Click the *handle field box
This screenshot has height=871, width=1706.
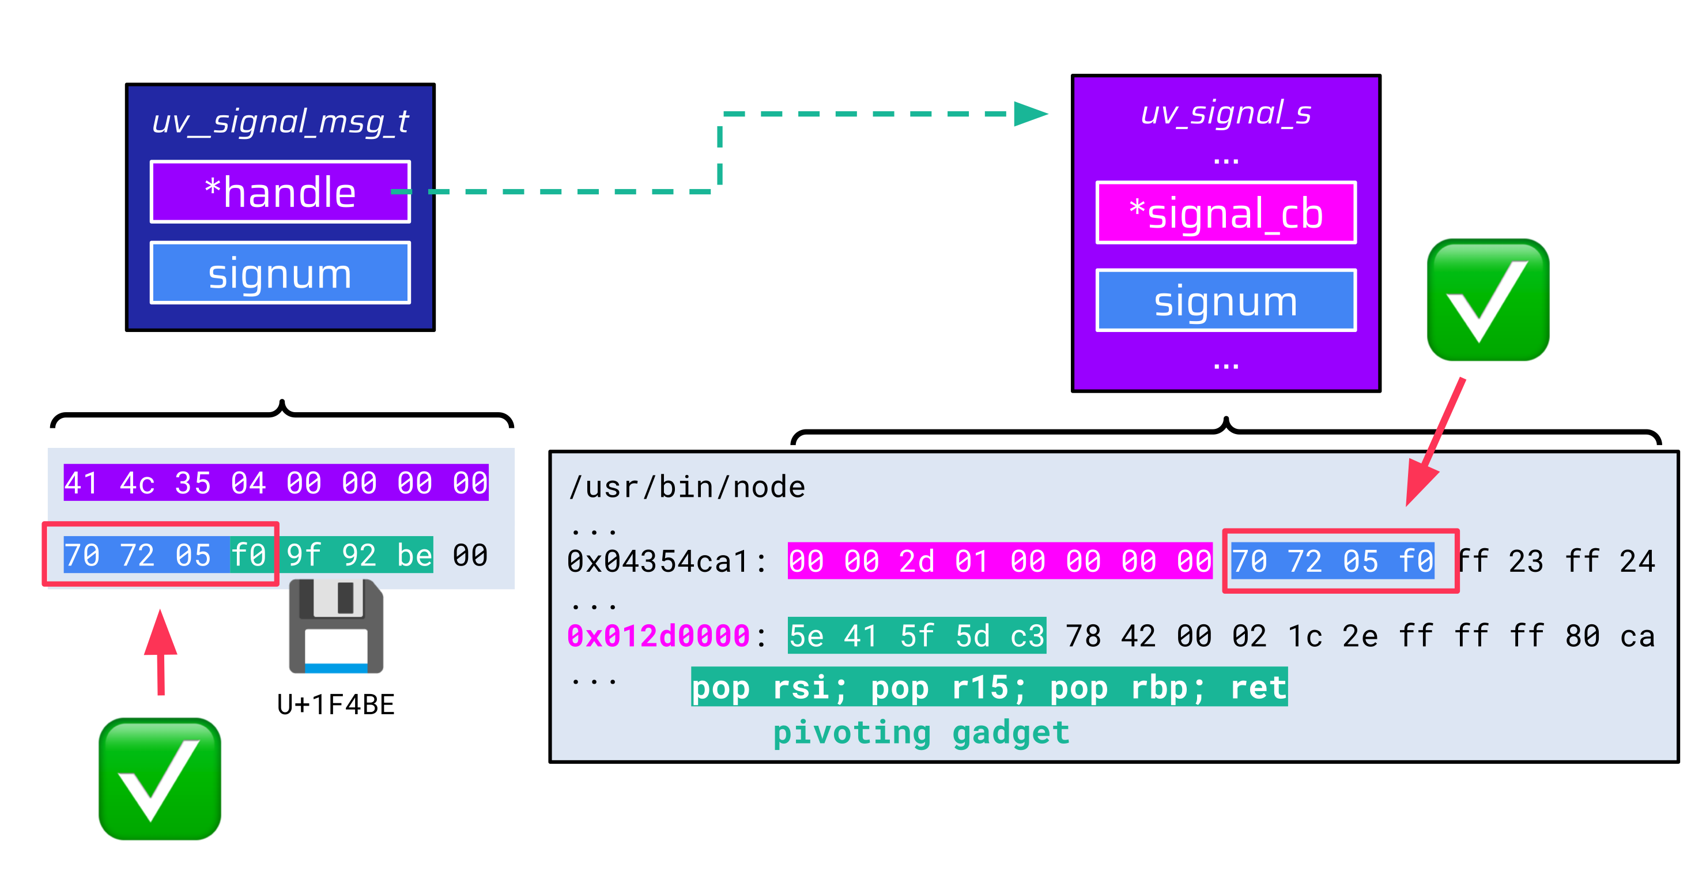(x=280, y=192)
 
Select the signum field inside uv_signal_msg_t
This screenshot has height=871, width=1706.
(x=280, y=273)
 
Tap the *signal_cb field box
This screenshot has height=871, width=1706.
(x=1226, y=213)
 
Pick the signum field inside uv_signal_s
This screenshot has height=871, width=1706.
(x=1226, y=301)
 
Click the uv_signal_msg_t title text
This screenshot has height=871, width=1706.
(x=280, y=122)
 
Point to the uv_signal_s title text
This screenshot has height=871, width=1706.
(x=1226, y=113)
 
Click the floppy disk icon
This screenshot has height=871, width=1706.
(x=337, y=627)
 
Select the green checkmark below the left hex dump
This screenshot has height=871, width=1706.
(x=160, y=779)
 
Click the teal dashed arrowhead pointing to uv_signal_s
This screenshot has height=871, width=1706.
(x=1030, y=114)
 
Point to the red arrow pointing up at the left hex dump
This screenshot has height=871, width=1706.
(x=160, y=653)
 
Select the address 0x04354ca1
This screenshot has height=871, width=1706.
(x=658, y=561)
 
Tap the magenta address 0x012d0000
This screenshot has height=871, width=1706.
(x=658, y=636)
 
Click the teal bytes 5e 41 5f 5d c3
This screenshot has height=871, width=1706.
(x=916, y=636)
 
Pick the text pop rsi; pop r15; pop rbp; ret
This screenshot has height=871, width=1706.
(x=989, y=688)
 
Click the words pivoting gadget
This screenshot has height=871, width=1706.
(x=920, y=733)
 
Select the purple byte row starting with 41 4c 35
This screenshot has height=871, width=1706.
(x=276, y=483)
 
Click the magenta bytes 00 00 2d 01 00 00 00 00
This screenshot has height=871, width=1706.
(x=999, y=561)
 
